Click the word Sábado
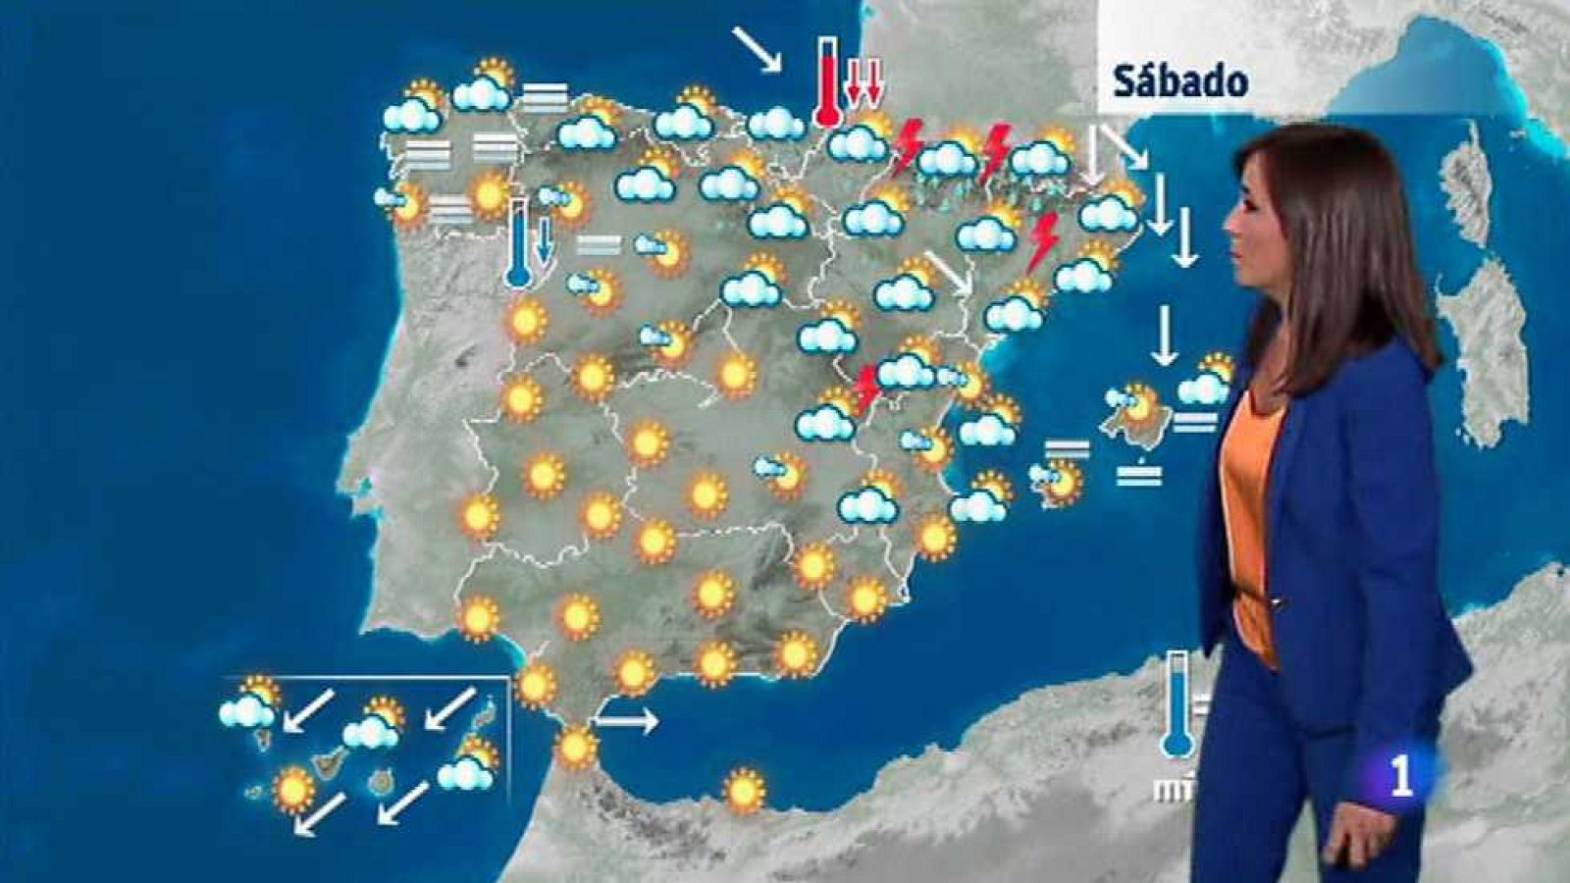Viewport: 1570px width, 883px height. [1180, 81]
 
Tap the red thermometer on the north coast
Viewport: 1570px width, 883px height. [829, 83]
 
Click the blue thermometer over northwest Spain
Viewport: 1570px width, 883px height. [517, 242]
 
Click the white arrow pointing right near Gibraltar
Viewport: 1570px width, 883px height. [626, 722]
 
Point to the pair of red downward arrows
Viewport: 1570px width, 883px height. [863, 80]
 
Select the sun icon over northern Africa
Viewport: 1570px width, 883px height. [745, 791]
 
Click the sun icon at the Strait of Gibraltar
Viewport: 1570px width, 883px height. [576, 748]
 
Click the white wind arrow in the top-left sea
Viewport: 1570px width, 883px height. [758, 49]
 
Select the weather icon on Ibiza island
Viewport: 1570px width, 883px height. [1057, 481]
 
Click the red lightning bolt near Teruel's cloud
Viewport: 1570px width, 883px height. [866, 388]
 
